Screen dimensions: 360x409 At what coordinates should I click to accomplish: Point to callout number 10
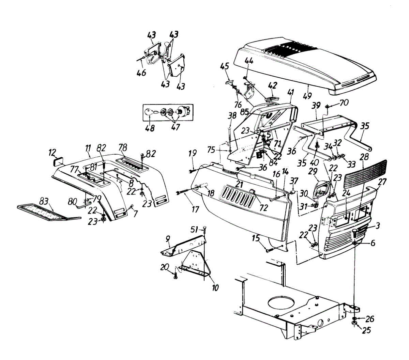[216, 288]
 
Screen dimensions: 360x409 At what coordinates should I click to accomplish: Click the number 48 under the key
[150, 128]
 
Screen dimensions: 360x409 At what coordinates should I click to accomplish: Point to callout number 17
[195, 208]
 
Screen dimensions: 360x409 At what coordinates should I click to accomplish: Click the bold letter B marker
[259, 155]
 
